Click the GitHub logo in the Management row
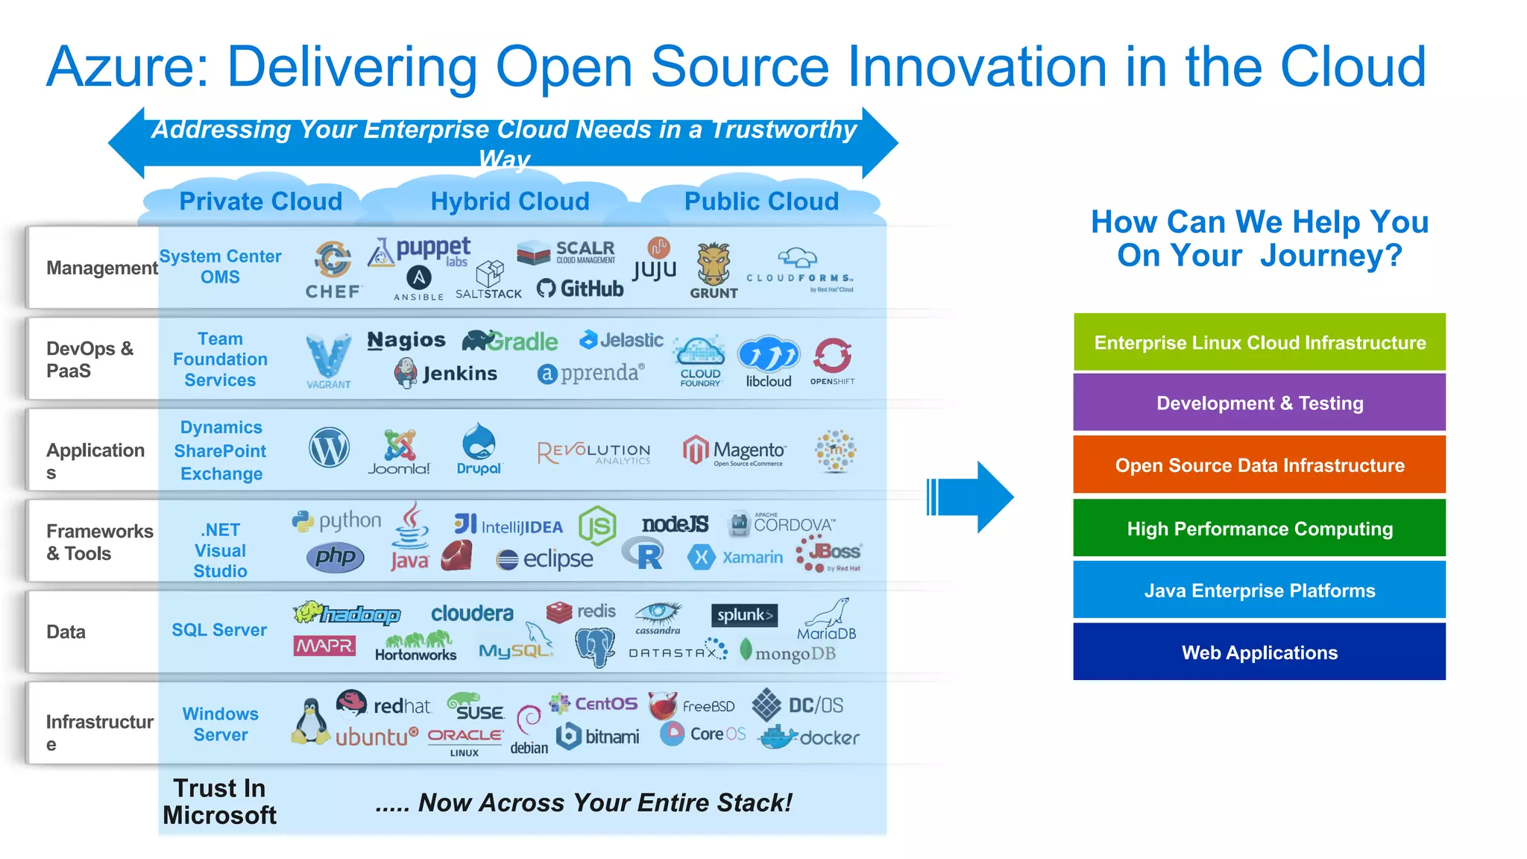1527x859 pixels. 580,289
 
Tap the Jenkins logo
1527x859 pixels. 446,373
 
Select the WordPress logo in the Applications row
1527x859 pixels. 329,448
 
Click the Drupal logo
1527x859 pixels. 479,449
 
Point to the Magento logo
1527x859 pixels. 734,450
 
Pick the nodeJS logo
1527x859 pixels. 675,524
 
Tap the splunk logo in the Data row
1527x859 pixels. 743,615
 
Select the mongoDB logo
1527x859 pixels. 787,652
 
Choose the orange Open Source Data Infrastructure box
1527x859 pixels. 1259,465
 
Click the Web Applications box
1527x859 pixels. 1259,652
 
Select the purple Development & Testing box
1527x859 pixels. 1259,403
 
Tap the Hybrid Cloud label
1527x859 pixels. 510,201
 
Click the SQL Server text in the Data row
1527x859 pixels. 219,630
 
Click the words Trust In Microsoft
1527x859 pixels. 219,802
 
